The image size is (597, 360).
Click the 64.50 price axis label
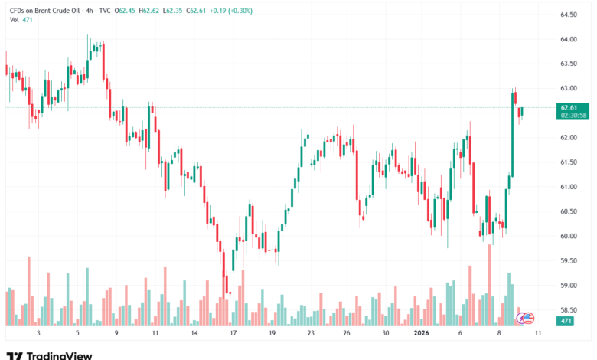pyautogui.click(x=568, y=15)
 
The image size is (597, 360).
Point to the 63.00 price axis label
pyautogui.click(x=568, y=88)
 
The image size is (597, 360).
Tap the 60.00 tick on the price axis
pyautogui.click(x=568, y=236)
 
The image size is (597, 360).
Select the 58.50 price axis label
pyautogui.click(x=568, y=309)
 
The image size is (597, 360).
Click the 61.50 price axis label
pyautogui.click(x=568, y=162)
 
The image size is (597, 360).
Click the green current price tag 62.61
pyautogui.click(x=568, y=108)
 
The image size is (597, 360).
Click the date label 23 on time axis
pyautogui.click(x=311, y=334)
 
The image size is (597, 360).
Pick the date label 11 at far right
pyautogui.click(x=539, y=334)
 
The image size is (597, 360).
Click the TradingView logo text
pyautogui.click(x=59, y=355)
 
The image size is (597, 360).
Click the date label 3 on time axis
pyautogui.click(x=38, y=334)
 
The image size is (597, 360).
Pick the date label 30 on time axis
pyautogui.click(x=387, y=334)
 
